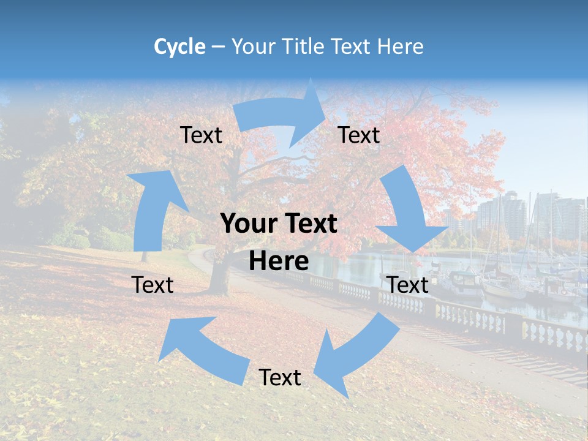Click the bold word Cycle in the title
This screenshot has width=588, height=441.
(x=179, y=47)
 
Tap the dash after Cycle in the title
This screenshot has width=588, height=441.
(x=217, y=47)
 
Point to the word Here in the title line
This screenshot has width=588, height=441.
(x=401, y=47)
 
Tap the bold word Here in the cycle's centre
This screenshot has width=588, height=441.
(x=279, y=262)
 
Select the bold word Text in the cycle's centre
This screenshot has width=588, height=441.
(x=308, y=224)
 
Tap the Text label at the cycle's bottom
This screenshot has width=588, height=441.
(x=280, y=377)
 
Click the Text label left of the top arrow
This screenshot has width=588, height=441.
(x=201, y=135)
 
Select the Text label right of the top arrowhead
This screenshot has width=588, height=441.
(x=359, y=135)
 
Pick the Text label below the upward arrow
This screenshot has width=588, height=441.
(x=153, y=285)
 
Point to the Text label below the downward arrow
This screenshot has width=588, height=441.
(x=408, y=285)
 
